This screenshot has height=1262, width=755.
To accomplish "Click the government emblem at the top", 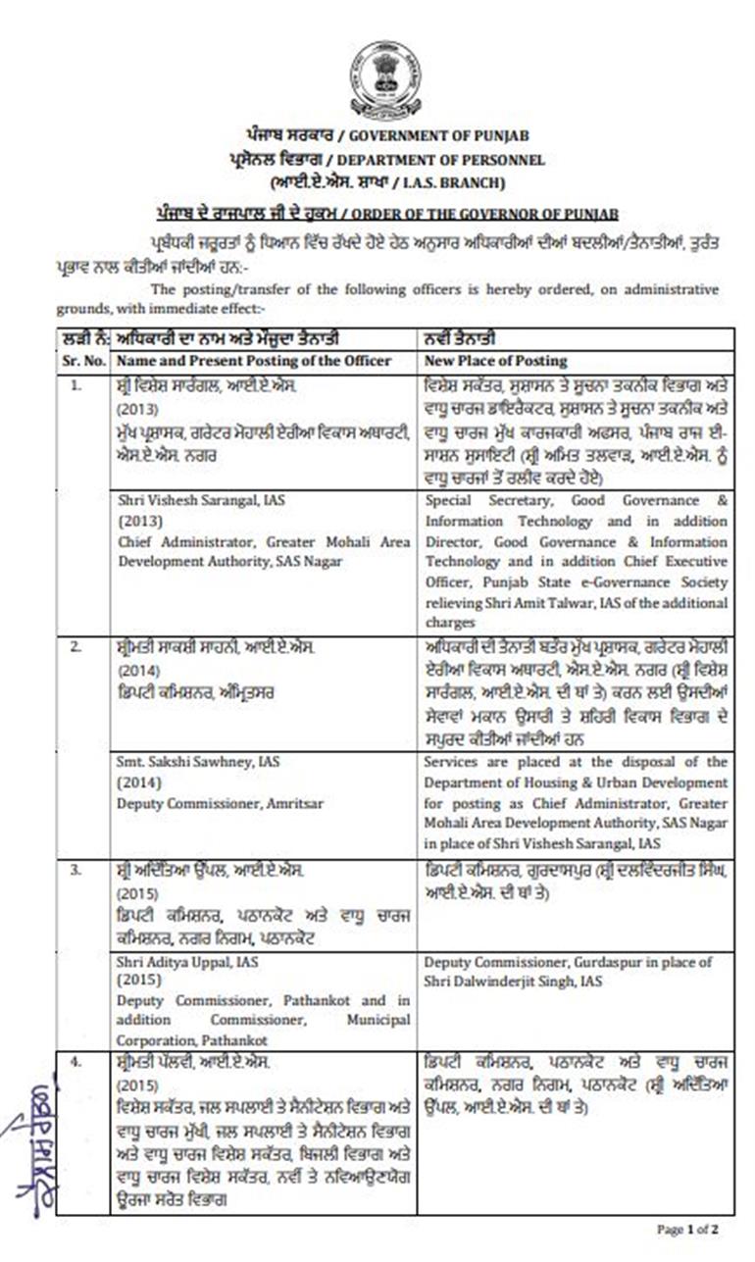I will coord(384,79).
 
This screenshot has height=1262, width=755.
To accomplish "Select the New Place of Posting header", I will coord(495,361).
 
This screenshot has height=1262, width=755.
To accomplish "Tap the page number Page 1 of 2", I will coord(687,1228).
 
